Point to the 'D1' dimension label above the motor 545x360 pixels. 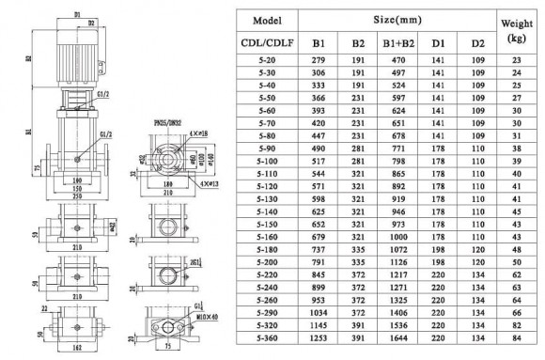pyautogui.click(x=74, y=12)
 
